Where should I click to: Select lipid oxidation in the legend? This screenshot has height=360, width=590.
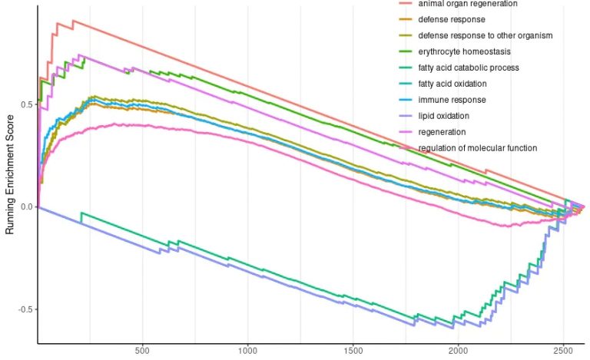pyautogui.click(x=443, y=116)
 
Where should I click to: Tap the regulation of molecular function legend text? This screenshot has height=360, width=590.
pyautogui.click(x=478, y=148)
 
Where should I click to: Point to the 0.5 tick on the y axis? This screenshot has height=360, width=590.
pyautogui.click(x=27, y=104)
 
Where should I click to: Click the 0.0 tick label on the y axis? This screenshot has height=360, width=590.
pyautogui.click(x=27, y=207)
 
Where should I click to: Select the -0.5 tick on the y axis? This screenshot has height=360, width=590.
pyautogui.click(x=25, y=310)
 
